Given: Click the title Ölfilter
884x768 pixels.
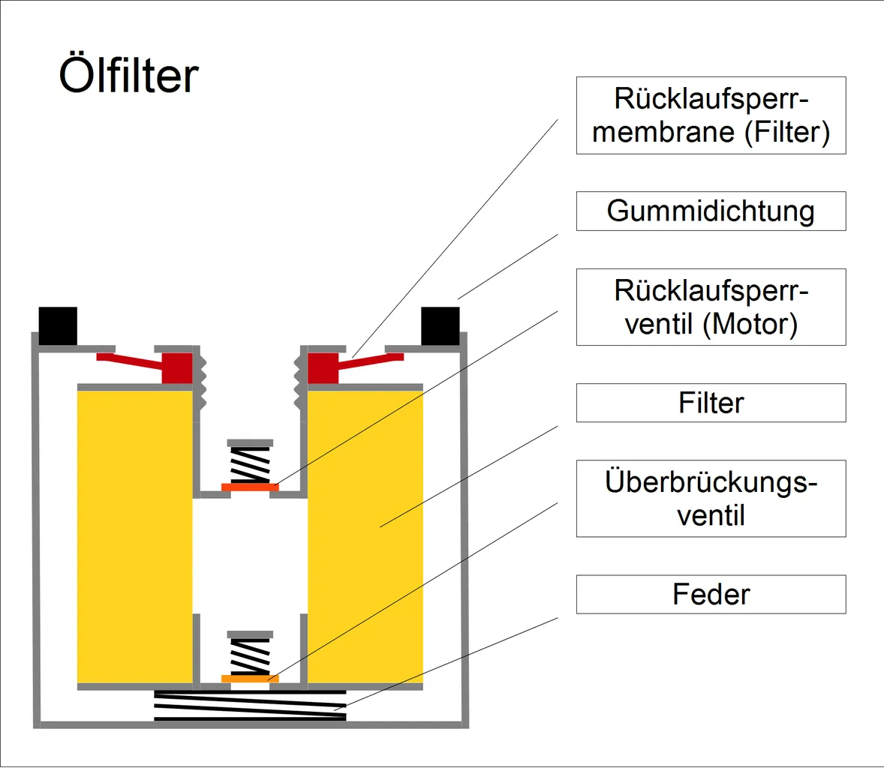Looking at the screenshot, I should coord(128,76).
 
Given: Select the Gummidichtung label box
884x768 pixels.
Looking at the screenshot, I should coord(711,211).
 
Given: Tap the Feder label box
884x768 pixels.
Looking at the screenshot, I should coord(711,595).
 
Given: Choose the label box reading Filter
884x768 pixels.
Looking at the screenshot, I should coord(711,403).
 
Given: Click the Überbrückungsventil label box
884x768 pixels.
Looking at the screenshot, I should coord(711,499).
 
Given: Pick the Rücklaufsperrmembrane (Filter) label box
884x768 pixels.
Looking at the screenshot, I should coord(711,115).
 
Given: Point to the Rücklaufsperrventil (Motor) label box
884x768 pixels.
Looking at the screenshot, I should coord(711,307).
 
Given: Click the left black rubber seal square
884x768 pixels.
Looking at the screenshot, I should coord(58,326).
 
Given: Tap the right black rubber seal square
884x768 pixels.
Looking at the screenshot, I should coord(440,326).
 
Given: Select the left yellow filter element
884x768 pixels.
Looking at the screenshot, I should coord(135,536).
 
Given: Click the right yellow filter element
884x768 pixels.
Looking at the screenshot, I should coord(365,536).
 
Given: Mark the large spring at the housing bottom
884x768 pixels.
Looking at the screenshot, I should coord(250,706).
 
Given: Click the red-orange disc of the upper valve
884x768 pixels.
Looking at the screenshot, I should coord(250,487).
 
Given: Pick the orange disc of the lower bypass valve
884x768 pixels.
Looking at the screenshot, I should coord(250,679).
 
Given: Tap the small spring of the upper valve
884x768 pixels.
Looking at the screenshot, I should coord(250,465).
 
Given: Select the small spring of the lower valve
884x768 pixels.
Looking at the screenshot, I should coord(250,657).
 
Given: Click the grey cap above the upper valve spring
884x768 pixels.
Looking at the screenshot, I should coord(250,443).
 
